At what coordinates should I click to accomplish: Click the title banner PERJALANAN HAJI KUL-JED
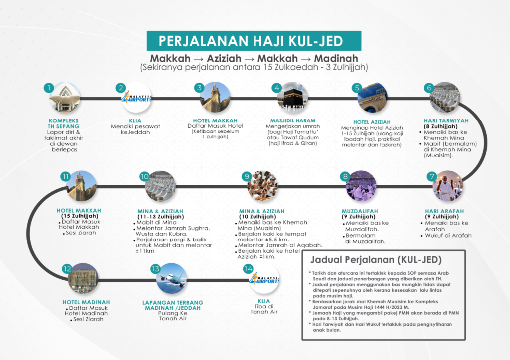tap(254, 40)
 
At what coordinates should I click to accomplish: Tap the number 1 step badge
tap(48, 88)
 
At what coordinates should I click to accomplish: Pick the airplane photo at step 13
tap(171, 278)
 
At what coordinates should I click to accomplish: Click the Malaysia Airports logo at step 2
tap(136, 98)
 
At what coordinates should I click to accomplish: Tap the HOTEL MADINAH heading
tap(86, 302)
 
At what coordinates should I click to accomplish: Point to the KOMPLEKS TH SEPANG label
tap(64, 123)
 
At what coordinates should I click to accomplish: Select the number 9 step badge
tap(246, 176)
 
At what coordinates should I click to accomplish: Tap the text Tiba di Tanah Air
tap(264, 308)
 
